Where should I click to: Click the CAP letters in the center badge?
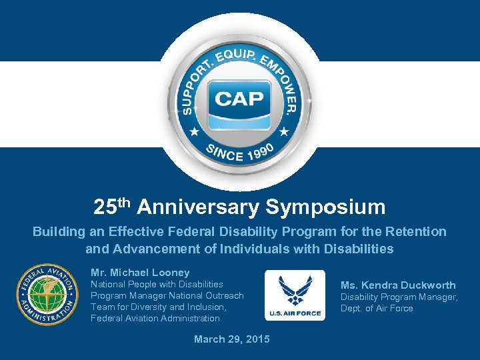pos(239,100)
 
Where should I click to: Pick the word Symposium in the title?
pos(325,207)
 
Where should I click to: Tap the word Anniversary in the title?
pos(199,207)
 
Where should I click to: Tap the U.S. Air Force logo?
pos(295,295)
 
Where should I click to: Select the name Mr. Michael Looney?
pos(140,273)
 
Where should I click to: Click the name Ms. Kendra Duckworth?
pos(398,285)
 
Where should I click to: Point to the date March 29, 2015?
pos(232,339)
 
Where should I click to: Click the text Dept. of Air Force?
pos(377,308)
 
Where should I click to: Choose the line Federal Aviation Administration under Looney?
pos(155,319)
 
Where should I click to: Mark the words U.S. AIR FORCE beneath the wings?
pos(295,313)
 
